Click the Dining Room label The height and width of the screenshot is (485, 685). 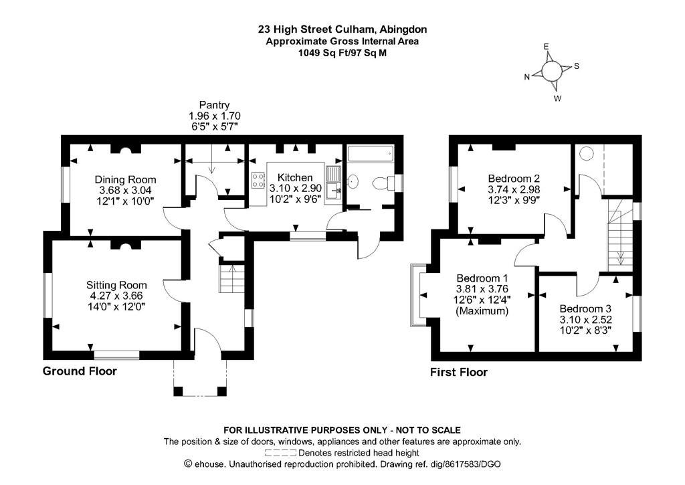click(125, 179)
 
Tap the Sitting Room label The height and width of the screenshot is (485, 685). click(116, 286)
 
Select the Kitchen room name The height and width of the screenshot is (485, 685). click(295, 177)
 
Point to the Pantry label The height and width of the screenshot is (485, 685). click(214, 105)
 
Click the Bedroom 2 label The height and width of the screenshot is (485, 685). click(514, 179)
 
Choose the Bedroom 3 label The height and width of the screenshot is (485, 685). click(586, 308)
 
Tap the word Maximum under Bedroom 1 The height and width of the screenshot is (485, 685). click(482, 311)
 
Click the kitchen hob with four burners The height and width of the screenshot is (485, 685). click(258, 181)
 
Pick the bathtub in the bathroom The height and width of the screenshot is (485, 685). click(371, 154)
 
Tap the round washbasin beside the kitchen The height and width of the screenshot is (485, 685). click(353, 181)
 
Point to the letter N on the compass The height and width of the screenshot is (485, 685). click(527, 78)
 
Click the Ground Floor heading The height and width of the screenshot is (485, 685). click(80, 371)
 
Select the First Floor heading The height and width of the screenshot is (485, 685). click(459, 372)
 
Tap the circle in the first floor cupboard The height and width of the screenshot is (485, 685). click(586, 154)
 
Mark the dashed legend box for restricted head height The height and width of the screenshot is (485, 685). click(281, 453)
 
